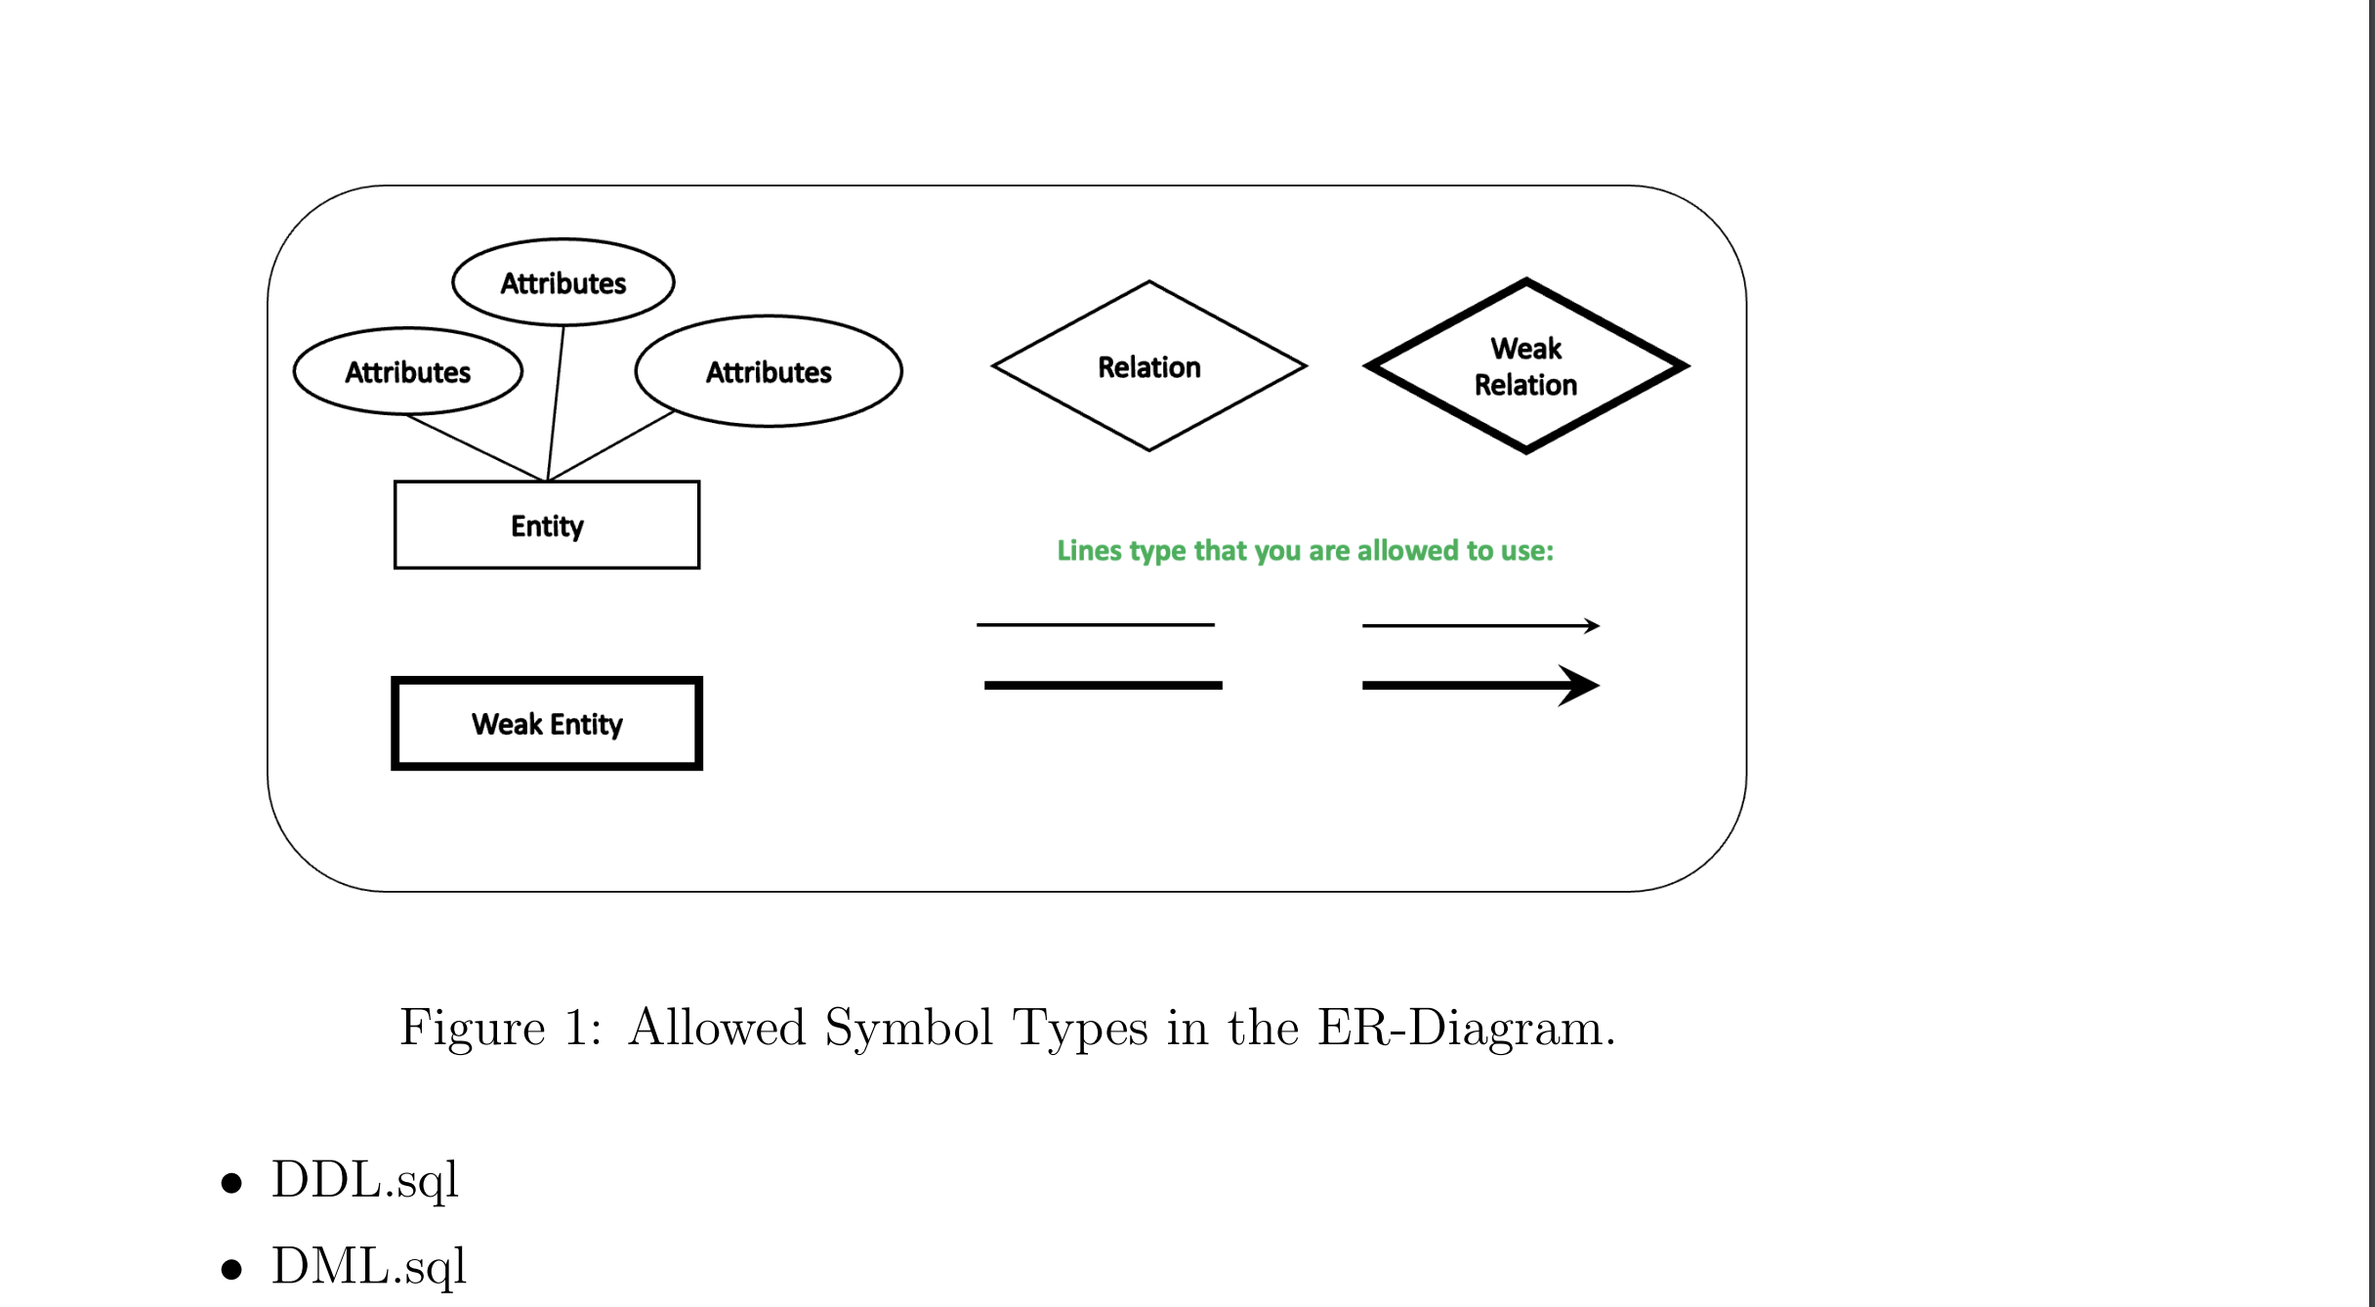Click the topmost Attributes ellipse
tap(562, 282)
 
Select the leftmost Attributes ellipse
tap(407, 371)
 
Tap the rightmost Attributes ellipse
tap(769, 371)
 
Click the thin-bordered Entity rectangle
tap(546, 526)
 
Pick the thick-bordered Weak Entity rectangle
tap(546, 724)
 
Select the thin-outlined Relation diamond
tap(1148, 367)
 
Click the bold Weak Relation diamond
tap(1525, 367)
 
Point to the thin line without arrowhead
tap(1095, 624)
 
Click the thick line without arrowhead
tap(1103, 686)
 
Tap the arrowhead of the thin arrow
tap(1592, 625)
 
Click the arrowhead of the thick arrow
tap(1579, 686)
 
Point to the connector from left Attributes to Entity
tap(476, 448)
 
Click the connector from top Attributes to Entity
tap(556, 402)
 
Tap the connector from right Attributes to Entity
tap(612, 445)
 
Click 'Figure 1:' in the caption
tap(500, 1028)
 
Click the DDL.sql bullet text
tap(364, 1180)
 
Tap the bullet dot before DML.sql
tap(231, 1269)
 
